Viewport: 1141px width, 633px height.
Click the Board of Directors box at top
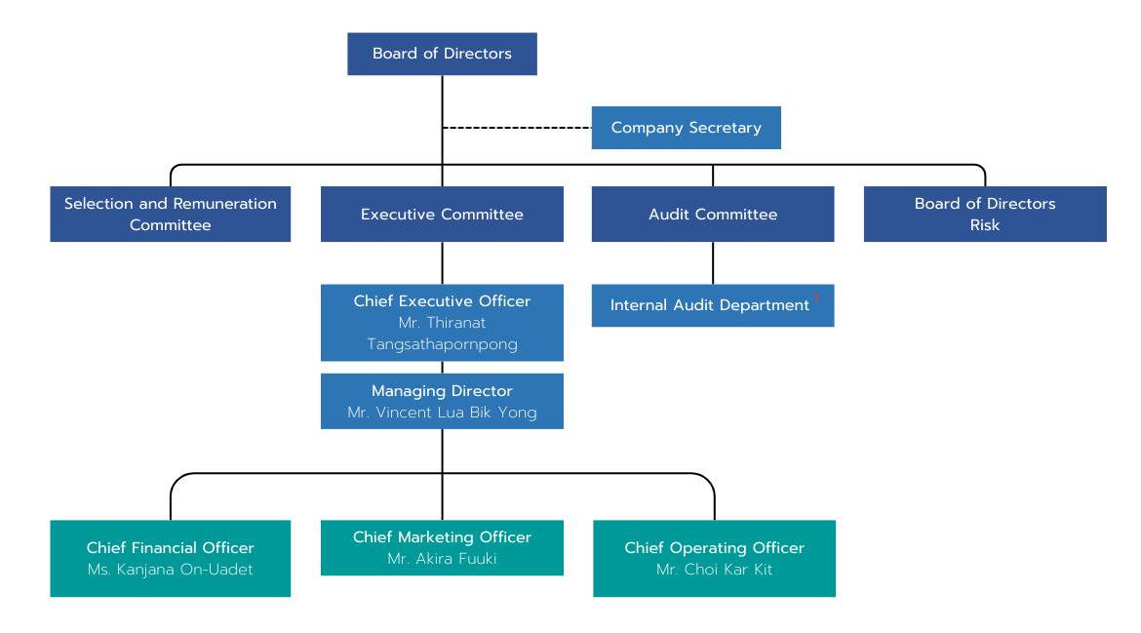click(442, 54)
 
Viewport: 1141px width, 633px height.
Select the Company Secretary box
click(686, 128)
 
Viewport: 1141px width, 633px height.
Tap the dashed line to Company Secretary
click(517, 128)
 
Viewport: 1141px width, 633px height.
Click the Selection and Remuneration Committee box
click(170, 214)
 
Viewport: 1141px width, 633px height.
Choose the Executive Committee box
click(442, 214)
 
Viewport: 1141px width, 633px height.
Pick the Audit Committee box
click(713, 214)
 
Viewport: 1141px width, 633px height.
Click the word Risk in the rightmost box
click(985, 225)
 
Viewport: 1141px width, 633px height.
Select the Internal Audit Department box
click(710, 305)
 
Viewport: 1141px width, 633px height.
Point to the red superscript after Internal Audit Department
click(817, 297)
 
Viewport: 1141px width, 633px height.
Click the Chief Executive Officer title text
click(442, 301)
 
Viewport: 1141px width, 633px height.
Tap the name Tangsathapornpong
click(442, 344)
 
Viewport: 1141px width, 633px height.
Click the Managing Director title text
click(442, 391)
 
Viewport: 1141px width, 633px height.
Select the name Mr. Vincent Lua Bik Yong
click(442, 413)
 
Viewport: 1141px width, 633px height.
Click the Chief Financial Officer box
click(170, 558)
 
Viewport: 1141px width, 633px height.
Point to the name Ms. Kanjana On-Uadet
click(170, 570)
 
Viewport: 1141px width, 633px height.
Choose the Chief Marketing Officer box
click(442, 547)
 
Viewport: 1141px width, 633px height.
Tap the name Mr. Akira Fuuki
click(442, 559)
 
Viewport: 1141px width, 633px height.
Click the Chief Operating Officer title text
click(714, 548)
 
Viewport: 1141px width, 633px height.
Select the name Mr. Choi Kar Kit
click(714, 570)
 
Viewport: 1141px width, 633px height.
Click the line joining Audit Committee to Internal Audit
click(713, 262)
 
